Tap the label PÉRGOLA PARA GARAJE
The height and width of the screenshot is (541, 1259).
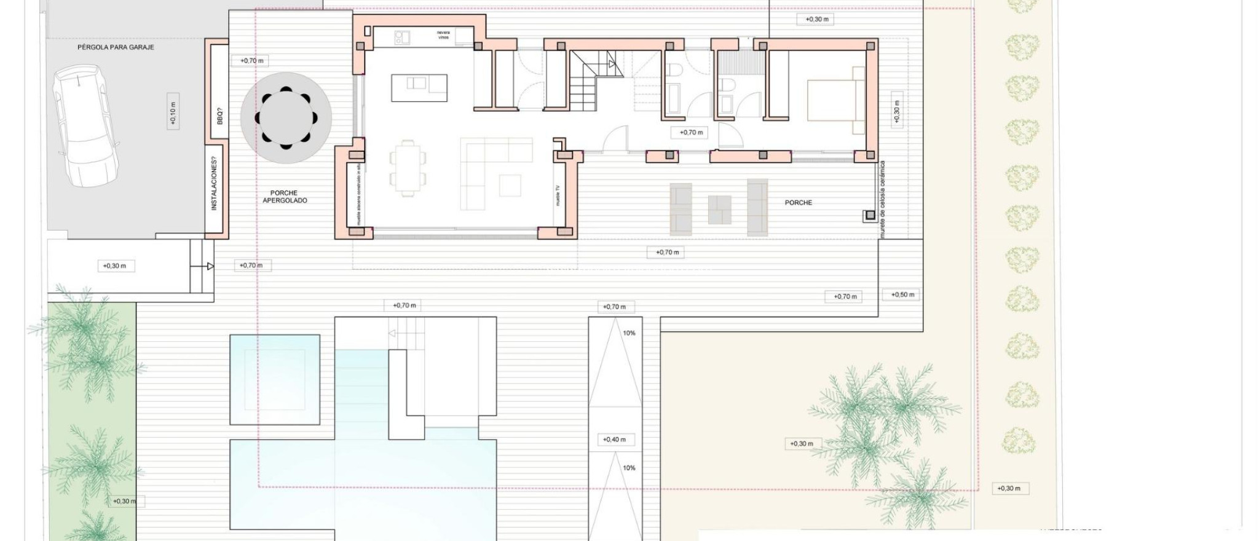116,47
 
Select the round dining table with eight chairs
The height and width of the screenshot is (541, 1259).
286,118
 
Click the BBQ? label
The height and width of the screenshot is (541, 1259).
219,116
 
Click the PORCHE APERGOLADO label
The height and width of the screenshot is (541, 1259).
285,197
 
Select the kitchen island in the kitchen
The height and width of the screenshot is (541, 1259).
419,87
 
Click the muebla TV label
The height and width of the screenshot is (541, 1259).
558,196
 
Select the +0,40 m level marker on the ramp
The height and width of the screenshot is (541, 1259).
614,440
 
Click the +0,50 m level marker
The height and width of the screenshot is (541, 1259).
902,294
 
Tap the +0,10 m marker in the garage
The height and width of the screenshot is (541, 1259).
173,114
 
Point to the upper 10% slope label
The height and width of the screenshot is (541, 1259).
629,333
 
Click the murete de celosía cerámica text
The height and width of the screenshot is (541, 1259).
883,200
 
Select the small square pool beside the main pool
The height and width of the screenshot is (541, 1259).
275,379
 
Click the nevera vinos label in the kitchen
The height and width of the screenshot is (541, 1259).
443,35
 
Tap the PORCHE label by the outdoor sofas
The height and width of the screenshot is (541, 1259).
798,202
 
